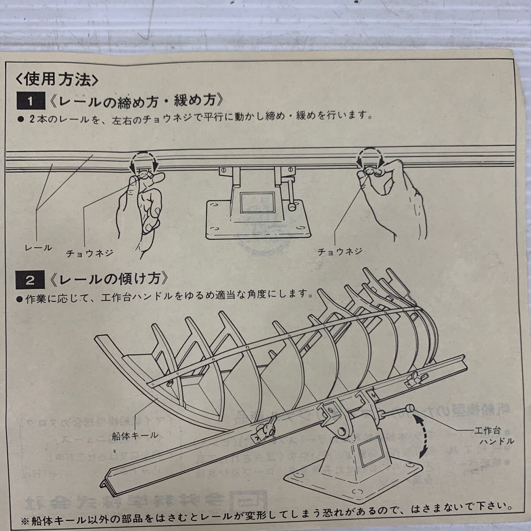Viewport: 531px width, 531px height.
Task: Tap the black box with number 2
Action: tap(31, 280)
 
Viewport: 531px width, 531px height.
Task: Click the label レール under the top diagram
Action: tap(38, 248)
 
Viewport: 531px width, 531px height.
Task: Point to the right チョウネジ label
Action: tap(340, 251)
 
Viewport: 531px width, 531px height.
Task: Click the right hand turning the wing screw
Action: tap(394, 199)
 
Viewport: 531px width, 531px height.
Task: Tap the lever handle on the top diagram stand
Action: tap(290, 195)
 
